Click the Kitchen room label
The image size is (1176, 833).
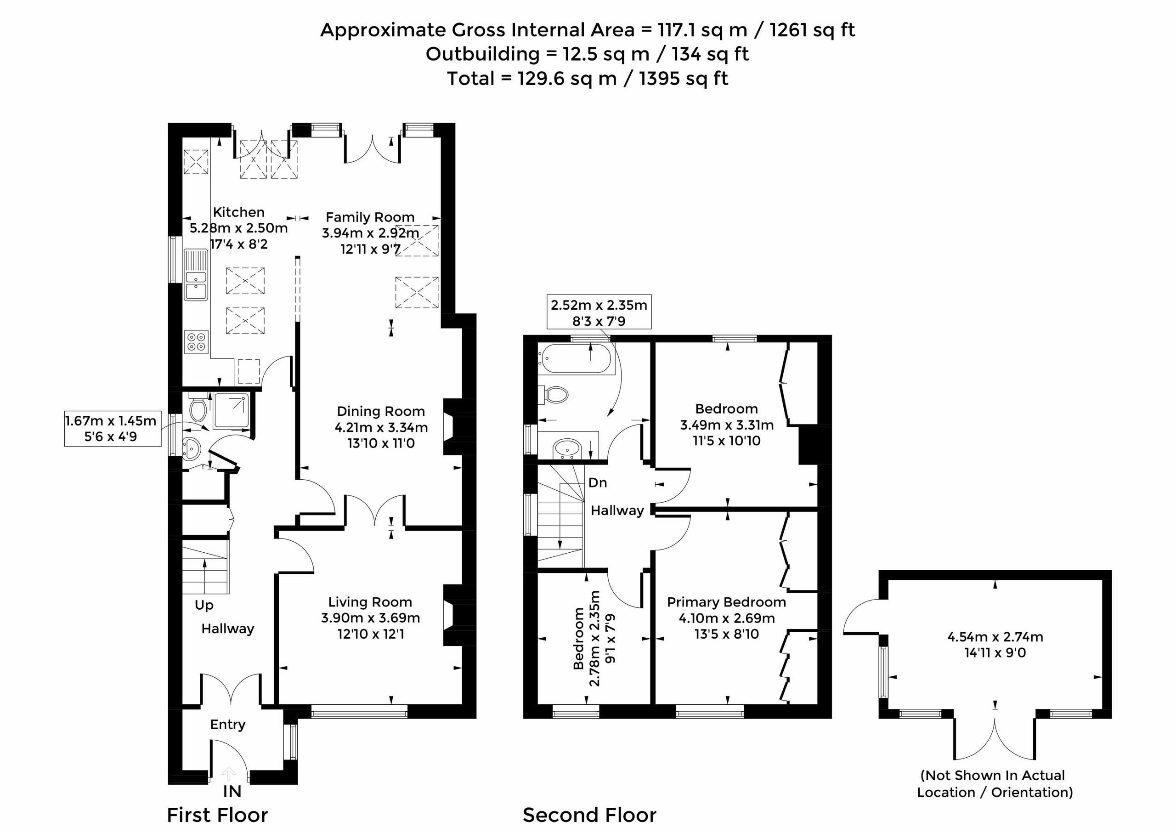[x=238, y=212]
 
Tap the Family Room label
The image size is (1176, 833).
[x=370, y=217]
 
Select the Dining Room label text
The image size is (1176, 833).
[x=380, y=411]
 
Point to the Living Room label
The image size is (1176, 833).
[x=370, y=602]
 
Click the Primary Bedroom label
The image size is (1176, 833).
[x=726, y=602]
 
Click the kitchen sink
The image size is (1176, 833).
[x=195, y=274]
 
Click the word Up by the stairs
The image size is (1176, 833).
[x=204, y=606]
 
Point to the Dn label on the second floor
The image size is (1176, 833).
[x=598, y=483]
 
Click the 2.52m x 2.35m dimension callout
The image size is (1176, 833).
[x=599, y=312]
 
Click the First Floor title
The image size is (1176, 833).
[x=217, y=815]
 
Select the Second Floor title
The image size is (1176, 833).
[x=589, y=815]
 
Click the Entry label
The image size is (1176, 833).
[x=228, y=725]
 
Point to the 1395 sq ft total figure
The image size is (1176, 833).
[x=684, y=79]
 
